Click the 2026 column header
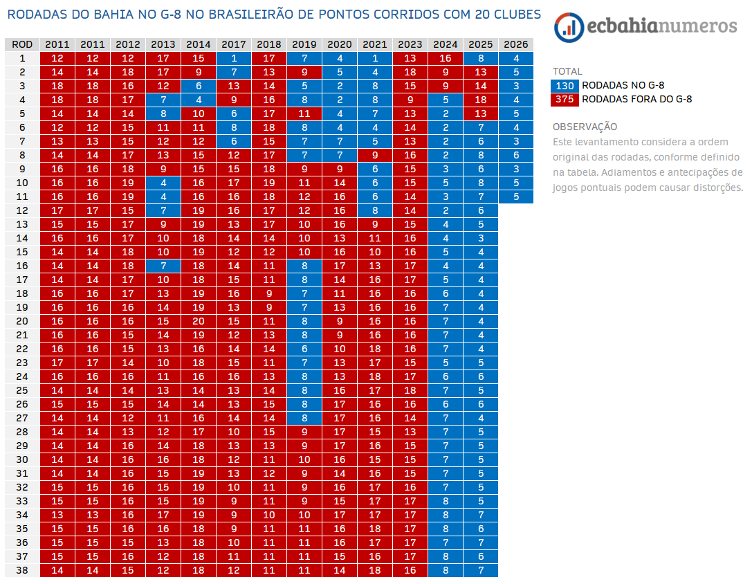[516, 44]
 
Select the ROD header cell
[22, 44]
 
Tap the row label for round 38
[22, 570]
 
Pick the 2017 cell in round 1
[234, 58]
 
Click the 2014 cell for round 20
[199, 321]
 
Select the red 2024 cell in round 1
[446, 58]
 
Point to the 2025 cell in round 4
[481, 100]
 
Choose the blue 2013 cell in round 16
[163, 266]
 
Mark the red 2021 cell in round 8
[375, 155]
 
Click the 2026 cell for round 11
[516, 197]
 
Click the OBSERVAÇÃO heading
[585, 127]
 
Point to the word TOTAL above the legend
[567, 71]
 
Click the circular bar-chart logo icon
[569, 26]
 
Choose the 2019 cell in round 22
[304, 349]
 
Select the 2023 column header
[410, 44]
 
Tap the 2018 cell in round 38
[269, 570]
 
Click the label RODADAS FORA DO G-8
[636, 99]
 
